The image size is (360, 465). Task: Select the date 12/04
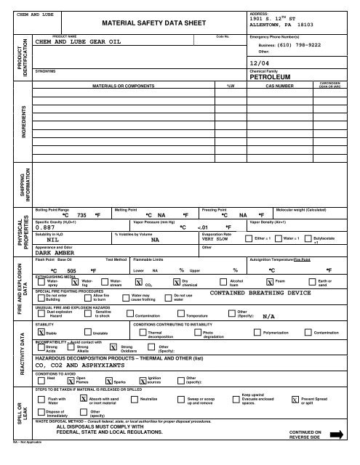[x=259, y=64]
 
